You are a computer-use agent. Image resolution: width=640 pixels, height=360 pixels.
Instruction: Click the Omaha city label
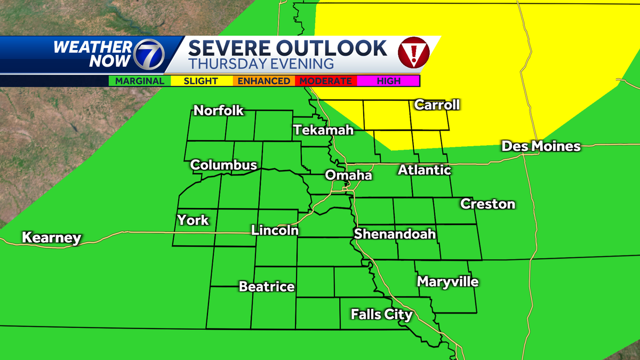(x=348, y=175)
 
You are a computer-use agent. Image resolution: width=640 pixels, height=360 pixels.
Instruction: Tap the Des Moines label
(x=541, y=146)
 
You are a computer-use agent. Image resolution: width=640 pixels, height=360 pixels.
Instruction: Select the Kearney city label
(x=51, y=238)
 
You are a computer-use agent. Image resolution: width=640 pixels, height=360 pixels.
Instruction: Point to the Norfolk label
(x=219, y=110)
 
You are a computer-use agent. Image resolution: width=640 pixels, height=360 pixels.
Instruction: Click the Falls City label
(x=381, y=314)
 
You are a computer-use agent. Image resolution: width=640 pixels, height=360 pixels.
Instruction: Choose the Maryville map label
(x=447, y=281)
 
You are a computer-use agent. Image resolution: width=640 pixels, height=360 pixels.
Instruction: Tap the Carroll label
(x=437, y=105)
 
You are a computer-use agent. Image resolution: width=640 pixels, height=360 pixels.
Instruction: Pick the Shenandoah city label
(x=395, y=234)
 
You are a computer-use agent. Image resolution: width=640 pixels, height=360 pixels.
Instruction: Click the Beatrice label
(x=267, y=286)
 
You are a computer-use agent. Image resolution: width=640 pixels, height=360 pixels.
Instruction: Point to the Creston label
(x=487, y=204)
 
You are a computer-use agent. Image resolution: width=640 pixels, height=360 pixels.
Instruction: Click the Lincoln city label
(x=275, y=230)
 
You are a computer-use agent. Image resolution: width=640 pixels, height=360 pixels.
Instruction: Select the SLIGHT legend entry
(x=201, y=81)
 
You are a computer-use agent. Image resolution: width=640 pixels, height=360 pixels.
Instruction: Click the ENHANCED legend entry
(x=263, y=81)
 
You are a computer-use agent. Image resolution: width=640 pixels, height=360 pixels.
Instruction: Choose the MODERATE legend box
(x=325, y=81)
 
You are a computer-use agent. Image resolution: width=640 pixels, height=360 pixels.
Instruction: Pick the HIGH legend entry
(x=388, y=81)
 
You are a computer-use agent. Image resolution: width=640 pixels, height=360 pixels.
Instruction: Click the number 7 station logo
(x=149, y=55)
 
